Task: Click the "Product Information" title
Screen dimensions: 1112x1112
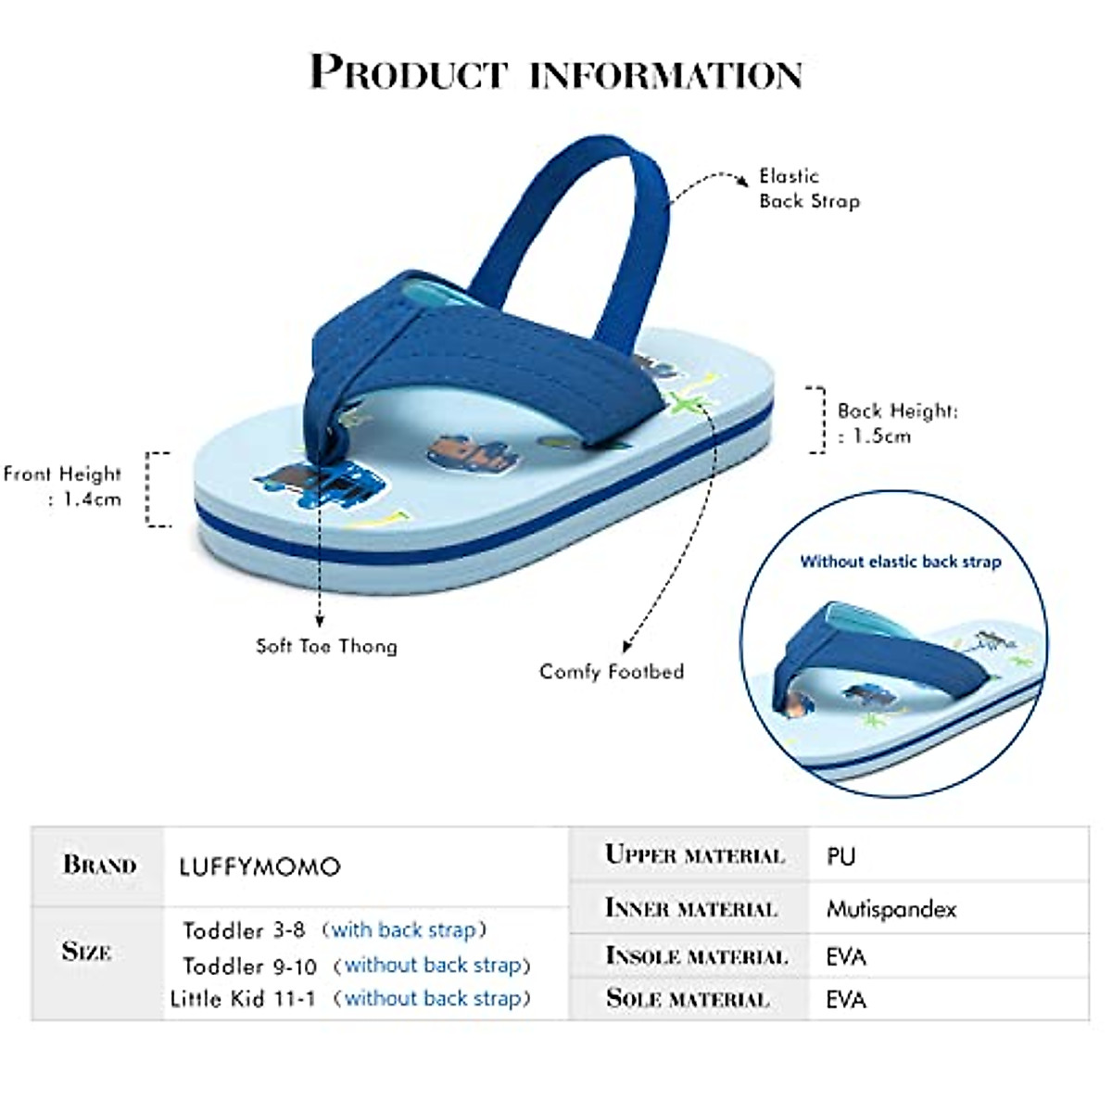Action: (556, 72)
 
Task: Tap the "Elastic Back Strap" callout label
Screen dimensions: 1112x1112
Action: (809, 188)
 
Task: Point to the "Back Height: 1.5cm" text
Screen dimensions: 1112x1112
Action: (896, 423)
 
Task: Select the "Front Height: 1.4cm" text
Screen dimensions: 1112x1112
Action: (63, 486)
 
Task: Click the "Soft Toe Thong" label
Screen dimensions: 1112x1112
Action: (326, 646)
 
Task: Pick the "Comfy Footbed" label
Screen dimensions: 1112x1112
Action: (612, 671)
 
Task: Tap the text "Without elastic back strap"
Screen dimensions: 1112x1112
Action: (900, 562)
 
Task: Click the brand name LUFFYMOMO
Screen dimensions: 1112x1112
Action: (259, 867)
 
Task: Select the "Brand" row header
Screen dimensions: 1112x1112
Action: (99, 866)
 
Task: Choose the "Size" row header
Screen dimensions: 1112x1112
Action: (86, 952)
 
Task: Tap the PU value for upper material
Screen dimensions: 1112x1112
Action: (841, 856)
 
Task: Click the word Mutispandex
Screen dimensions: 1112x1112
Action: (891, 909)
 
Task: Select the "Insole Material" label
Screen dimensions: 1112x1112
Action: (696, 955)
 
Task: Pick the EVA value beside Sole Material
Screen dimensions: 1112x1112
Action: (846, 999)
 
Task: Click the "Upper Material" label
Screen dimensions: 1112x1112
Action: (694, 854)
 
